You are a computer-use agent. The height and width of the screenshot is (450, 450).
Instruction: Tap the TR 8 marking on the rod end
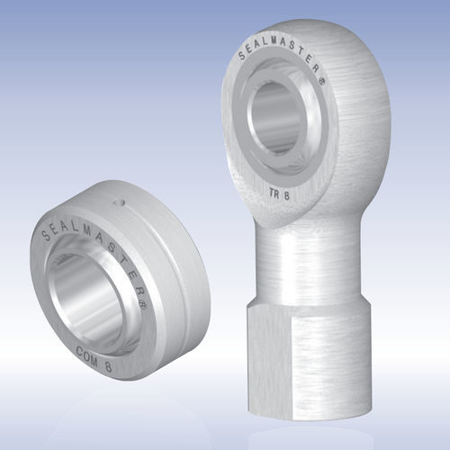pyautogui.click(x=281, y=191)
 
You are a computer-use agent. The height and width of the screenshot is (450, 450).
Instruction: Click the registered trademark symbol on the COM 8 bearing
pyautogui.click(x=140, y=292)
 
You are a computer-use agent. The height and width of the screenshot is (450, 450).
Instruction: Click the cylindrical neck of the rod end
pyautogui.click(x=306, y=261)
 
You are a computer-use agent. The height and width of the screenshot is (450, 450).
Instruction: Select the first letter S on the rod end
pyautogui.click(x=241, y=58)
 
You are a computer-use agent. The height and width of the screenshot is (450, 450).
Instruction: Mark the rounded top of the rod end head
pyautogui.click(x=306, y=27)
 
